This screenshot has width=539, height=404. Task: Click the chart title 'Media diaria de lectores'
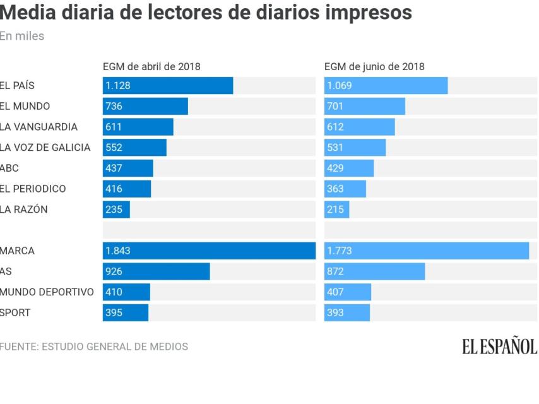click(x=206, y=12)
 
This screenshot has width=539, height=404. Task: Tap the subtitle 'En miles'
click(x=22, y=36)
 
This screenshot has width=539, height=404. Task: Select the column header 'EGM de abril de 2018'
click(x=151, y=66)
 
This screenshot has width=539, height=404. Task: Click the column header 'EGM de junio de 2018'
click(x=374, y=66)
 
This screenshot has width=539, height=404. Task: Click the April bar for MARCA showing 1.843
click(x=209, y=251)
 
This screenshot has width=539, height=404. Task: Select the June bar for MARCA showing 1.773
click(x=427, y=251)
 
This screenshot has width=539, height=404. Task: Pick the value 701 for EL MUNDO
click(x=335, y=106)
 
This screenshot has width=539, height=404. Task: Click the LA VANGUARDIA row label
click(x=38, y=127)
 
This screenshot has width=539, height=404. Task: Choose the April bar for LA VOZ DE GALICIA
click(x=134, y=148)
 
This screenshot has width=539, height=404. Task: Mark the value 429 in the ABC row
click(x=335, y=168)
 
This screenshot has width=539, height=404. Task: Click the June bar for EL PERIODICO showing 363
click(x=345, y=189)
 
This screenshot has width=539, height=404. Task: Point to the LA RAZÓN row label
click(x=24, y=210)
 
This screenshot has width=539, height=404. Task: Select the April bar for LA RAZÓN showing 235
click(x=116, y=210)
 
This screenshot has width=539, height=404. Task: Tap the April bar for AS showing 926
click(x=156, y=271)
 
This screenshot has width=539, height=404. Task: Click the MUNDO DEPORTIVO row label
click(x=47, y=292)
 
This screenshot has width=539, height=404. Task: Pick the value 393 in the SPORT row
click(x=335, y=313)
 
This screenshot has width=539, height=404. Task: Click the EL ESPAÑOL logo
click(x=499, y=347)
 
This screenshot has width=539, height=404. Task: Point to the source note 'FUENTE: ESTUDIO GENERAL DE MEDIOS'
click(x=94, y=347)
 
